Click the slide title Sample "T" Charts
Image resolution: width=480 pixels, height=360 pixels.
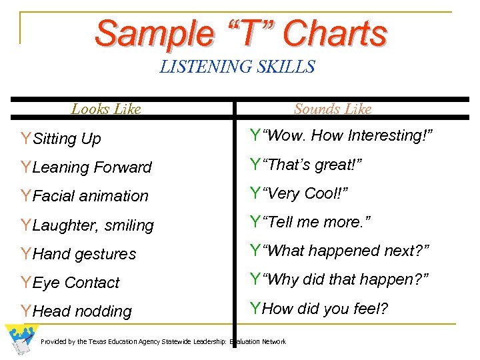click(x=240, y=33)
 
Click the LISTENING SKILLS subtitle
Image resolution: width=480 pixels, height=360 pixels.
click(x=237, y=67)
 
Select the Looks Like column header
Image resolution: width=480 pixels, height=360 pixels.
click(x=106, y=109)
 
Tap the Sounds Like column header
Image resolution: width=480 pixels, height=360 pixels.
click(x=333, y=109)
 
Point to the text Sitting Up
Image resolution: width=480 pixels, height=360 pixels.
click(x=67, y=139)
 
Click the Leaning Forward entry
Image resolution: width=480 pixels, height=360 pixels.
click(x=92, y=167)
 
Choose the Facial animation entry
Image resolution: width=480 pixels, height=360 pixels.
click(x=90, y=196)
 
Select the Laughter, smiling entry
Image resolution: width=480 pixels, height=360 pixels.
click(x=93, y=225)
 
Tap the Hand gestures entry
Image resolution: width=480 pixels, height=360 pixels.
click(x=84, y=254)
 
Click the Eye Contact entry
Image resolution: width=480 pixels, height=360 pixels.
click(x=76, y=283)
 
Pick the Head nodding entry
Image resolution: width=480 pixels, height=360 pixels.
click(x=82, y=311)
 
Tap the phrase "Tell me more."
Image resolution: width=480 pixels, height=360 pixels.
click(x=317, y=222)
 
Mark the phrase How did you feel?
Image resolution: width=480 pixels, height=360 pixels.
click(x=327, y=308)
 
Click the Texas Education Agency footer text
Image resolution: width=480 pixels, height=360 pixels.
click(x=163, y=342)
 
